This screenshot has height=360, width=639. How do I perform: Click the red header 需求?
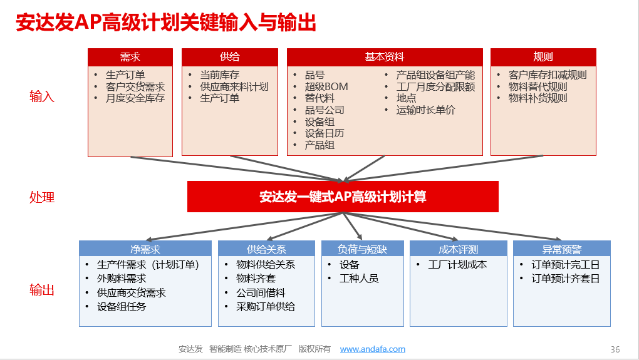tap(130, 57)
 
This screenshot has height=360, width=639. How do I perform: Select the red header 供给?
tap(230, 57)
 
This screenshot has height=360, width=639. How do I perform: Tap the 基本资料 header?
tap(385, 57)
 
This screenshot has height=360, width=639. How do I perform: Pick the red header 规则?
tap(543, 57)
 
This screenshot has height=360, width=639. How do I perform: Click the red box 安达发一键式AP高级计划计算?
tap(343, 197)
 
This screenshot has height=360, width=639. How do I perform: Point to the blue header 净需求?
tap(145, 249)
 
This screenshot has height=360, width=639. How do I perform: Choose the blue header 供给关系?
tap(266, 249)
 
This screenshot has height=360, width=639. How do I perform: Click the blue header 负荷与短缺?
tap(362, 249)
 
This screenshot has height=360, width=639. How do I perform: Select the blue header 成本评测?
tap(459, 249)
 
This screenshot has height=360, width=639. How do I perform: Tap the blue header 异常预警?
tap(561, 249)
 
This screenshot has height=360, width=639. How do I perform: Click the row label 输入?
tap(42, 97)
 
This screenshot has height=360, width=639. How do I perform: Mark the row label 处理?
tap(42, 197)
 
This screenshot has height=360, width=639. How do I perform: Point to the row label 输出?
tap(42, 290)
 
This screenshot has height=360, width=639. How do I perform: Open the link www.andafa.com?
tap(373, 349)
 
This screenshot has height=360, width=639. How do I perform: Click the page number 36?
tap(615, 349)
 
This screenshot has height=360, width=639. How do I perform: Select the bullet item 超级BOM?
tap(326, 87)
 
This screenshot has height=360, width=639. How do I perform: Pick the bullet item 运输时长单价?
tap(425, 110)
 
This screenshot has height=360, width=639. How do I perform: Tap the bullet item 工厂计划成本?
tap(457, 265)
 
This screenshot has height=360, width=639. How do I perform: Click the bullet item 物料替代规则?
tap(538, 87)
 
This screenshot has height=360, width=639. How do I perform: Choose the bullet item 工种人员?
tap(359, 279)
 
